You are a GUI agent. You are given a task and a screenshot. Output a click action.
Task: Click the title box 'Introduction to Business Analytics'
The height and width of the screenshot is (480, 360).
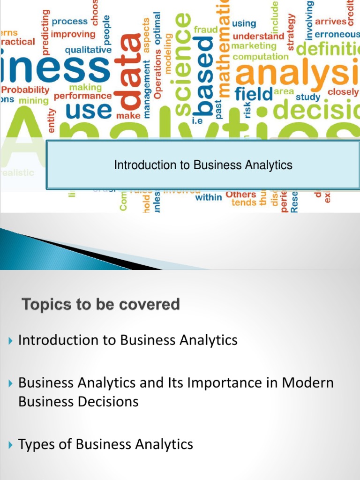203,165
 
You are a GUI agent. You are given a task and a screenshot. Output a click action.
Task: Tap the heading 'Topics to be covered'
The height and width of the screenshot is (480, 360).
101,305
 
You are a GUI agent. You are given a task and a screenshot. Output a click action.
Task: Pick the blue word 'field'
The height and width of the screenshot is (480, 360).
253,94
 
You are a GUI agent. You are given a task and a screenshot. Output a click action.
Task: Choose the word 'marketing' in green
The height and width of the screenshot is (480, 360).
254,46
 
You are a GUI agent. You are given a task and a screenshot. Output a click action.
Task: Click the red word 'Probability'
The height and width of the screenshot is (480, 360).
26,89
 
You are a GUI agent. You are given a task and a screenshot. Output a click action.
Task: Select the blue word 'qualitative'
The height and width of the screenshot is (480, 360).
88,50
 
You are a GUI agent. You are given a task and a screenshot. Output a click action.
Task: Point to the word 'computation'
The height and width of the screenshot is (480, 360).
261,57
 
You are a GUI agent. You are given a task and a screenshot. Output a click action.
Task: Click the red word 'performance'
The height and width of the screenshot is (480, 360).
82,96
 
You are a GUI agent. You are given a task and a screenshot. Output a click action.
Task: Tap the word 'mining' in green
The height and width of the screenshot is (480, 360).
34,100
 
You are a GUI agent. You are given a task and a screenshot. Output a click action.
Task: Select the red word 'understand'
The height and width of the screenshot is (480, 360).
258,36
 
